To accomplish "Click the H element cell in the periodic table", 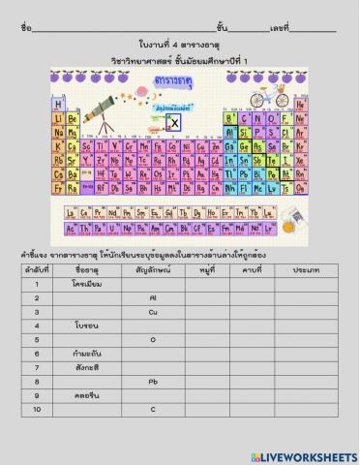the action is [x=59, y=104].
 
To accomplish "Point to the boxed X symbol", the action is [x=174, y=123].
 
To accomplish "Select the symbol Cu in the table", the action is [x=153, y=312].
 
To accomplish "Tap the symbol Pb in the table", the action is [x=153, y=382].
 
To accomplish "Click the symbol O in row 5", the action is [x=153, y=340].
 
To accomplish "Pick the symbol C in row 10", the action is [x=153, y=410].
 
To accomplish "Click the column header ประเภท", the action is [x=306, y=270].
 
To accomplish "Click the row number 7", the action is [x=36, y=368].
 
